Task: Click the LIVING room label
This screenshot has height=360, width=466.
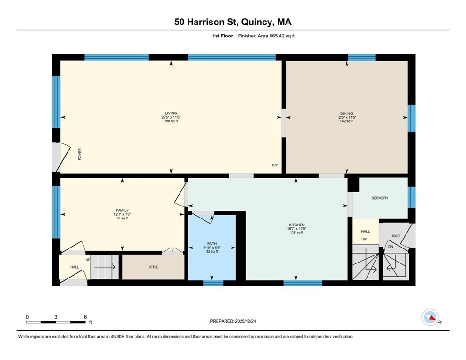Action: click(171, 113)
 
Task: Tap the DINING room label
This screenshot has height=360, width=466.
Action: click(346, 113)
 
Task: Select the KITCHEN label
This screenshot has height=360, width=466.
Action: click(297, 225)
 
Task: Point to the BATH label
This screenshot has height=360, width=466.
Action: click(212, 243)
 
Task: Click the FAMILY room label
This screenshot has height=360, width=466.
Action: click(122, 210)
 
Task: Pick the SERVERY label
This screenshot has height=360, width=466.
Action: click(380, 198)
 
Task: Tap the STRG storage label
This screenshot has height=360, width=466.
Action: click(153, 267)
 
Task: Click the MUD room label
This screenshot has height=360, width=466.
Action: click(396, 236)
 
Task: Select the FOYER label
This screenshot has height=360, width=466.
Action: click(80, 154)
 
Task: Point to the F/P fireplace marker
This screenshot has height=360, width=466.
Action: click(275, 165)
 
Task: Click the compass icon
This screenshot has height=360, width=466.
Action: click(430, 317)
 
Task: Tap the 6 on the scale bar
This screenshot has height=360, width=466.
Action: click(85, 317)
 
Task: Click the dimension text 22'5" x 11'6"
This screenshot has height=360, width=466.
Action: click(171, 117)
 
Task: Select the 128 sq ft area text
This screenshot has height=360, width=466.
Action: click(297, 232)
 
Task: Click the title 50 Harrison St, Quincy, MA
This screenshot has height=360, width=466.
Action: click(233, 22)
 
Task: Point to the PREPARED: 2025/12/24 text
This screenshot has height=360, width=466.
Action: click(233, 321)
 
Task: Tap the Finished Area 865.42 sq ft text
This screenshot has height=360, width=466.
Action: click(266, 36)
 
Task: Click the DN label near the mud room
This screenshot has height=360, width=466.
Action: click(391, 247)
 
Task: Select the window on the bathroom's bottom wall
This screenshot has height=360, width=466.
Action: click(213, 283)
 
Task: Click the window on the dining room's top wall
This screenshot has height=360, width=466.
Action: click(361, 57)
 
